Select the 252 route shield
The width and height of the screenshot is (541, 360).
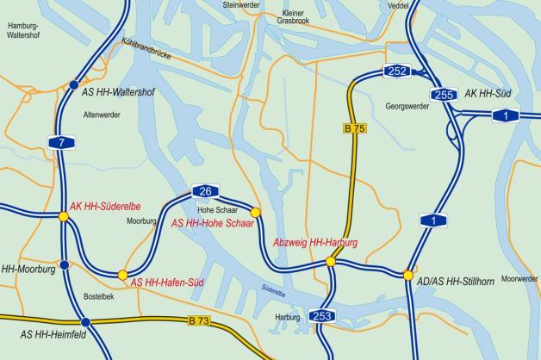[x=398, y=71]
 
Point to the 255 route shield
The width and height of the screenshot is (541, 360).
[x=444, y=95]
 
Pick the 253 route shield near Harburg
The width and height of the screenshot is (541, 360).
[x=321, y=316]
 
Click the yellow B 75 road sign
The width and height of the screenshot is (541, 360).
[x=355, y=128]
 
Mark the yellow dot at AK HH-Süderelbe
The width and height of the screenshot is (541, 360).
[x=64, y=216]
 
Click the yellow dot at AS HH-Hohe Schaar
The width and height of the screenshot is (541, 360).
[x=255, y=211]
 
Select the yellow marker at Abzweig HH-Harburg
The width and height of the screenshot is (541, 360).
[x=330, y=261]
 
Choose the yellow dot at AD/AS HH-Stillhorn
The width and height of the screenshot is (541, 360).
[x=407, y=275]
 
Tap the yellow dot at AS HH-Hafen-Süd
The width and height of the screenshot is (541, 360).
[x=122, y=275]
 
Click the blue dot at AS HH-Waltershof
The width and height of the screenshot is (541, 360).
[x=72, y=84]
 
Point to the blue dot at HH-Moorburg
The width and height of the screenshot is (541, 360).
[x=64, y=264]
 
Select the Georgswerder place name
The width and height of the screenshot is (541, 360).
[x=408, y=109]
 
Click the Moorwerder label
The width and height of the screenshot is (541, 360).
[x=519, y=278]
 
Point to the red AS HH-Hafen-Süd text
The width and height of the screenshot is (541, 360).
[x=169, y=282]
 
